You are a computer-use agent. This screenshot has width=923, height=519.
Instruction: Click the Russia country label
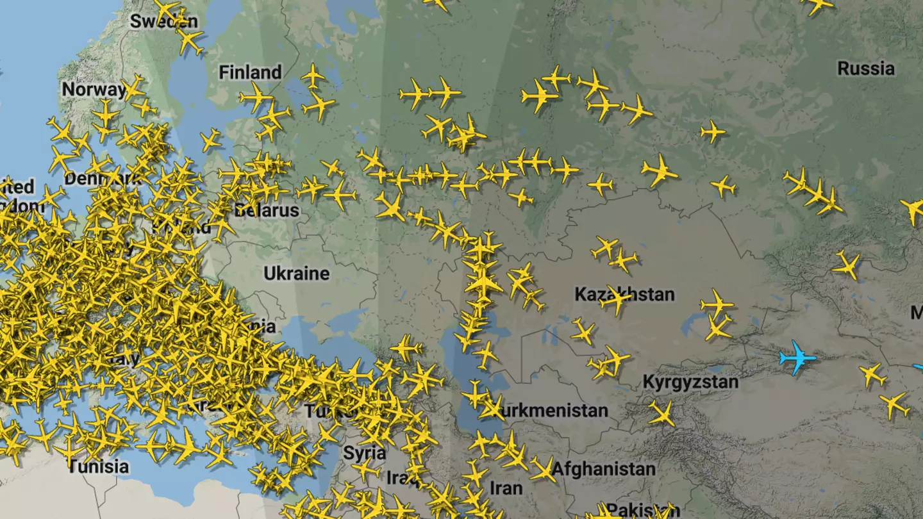click(865, 69)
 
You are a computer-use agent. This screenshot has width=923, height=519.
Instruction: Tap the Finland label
click(250, 72)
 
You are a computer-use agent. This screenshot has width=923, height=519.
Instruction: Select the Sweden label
click(163, 21)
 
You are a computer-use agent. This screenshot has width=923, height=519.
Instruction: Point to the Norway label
click(94, 90)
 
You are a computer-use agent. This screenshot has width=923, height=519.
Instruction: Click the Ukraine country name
click(296, 274)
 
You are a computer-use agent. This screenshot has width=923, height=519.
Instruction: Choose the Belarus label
click(267, 210)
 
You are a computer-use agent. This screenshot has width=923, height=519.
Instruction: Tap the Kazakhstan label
click(624, 295)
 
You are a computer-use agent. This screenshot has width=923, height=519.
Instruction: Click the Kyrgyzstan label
click(690, 383)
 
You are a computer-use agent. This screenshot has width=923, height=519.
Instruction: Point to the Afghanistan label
click(603, 468)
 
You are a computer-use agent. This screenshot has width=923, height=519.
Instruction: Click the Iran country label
click(506, 488)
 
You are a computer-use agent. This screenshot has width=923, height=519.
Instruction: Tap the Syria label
click(364, 453)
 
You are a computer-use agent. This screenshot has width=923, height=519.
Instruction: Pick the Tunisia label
click(99, 466)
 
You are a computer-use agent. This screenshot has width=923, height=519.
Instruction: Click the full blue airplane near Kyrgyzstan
click(797, 358)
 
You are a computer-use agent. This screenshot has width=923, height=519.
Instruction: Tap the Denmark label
click(103, 178)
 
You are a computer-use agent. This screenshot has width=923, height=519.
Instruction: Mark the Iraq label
click(401, 477)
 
